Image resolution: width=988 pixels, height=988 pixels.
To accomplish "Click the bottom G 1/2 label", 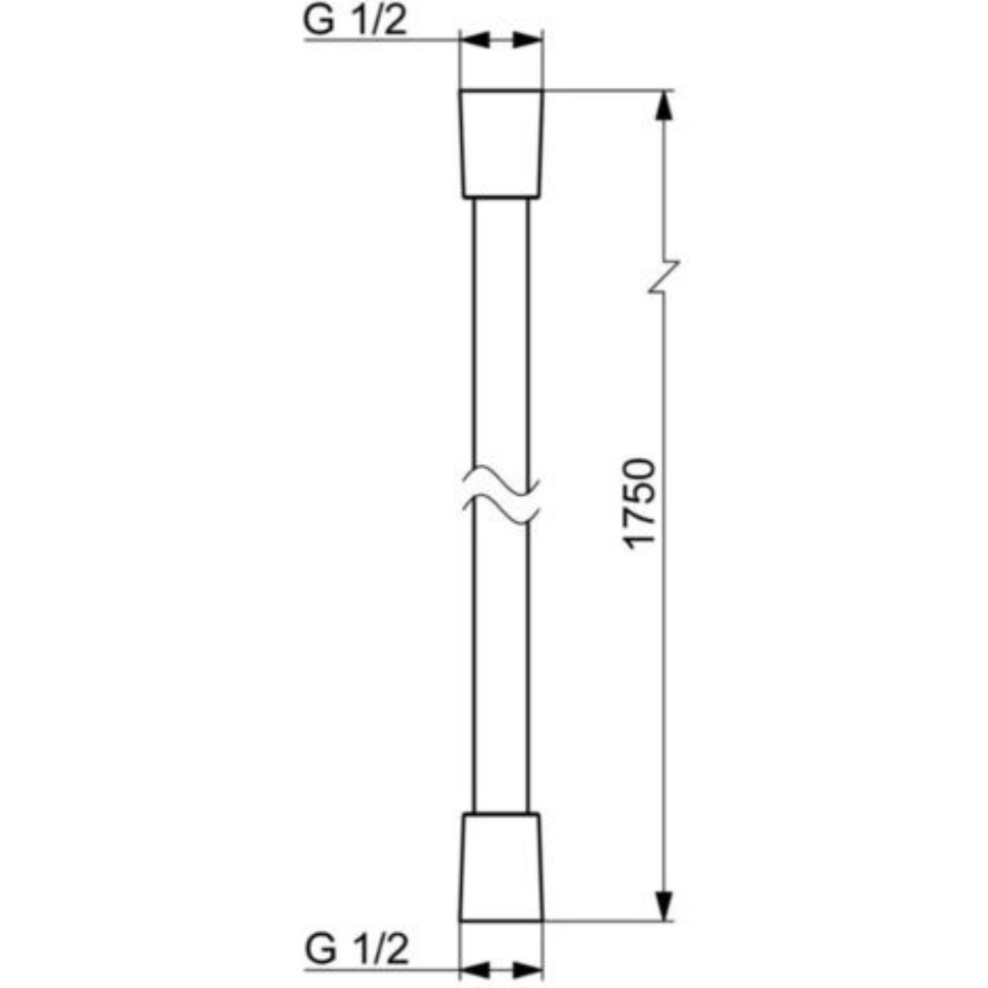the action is [x=357, y=949].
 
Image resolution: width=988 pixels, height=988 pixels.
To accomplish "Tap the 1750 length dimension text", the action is [x=641, y=504].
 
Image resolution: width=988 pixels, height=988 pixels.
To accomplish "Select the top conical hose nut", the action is [x=502, y=145].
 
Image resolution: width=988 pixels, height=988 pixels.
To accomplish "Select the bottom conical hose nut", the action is [x=502, y=867].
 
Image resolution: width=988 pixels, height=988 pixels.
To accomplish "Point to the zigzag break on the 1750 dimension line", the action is [x=664, y=277].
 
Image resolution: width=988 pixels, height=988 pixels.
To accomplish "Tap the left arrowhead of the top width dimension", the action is [x=475, y=40].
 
